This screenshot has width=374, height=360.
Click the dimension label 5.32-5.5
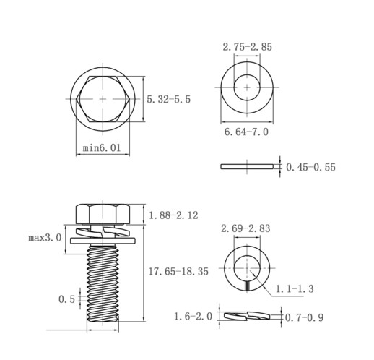[x=168, y=99]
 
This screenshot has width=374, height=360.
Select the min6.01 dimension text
[x=102, y=147]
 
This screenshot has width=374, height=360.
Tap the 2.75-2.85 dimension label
[x=247, y=47]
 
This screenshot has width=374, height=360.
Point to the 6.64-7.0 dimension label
[x=246, y=132]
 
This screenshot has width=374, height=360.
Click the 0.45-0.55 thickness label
[x=310, y=167]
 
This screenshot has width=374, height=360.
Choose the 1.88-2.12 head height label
[x=173, y=215]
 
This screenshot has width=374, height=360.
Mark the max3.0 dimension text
[x=45, y=238]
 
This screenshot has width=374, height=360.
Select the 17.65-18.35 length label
[x=178, y=271]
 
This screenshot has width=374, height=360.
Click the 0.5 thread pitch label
[x=67, y=299]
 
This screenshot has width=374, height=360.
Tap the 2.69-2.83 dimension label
[x=245, y=228]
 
